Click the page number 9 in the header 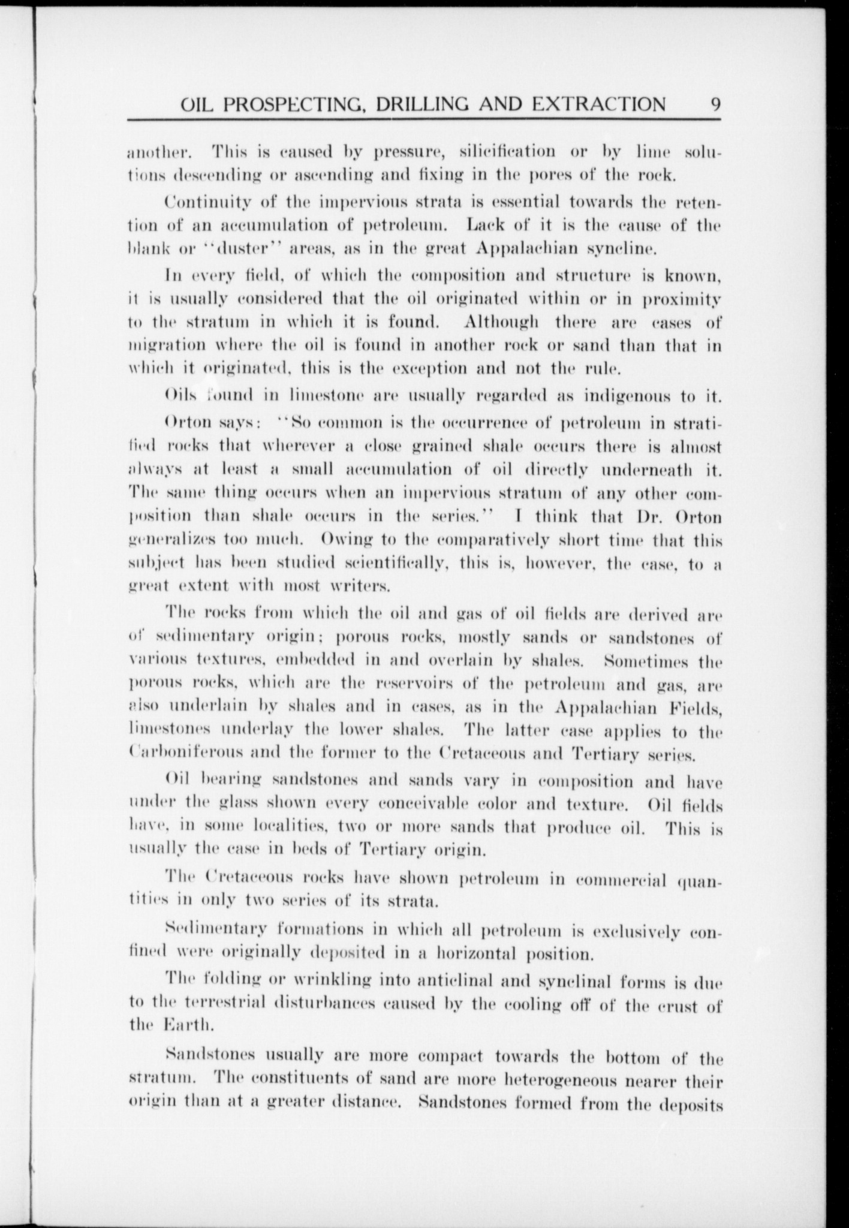(x=715, y=104)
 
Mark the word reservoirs (x=416, y=684)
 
